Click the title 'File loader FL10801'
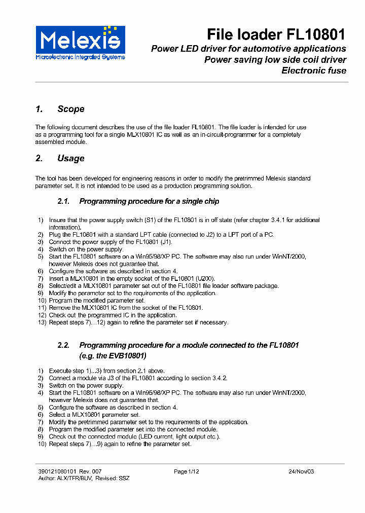click(276, 34)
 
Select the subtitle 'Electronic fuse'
click(314, 70)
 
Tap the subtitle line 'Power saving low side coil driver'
click(275, 60)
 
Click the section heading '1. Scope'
click(60, 109)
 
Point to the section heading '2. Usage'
click(60, 158)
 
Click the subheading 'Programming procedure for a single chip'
click(149, 201)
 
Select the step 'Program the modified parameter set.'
click(97, 301)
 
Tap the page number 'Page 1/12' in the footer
click(186, 471)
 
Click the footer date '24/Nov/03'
click(301, 471)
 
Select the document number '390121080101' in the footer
click(54, 471)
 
